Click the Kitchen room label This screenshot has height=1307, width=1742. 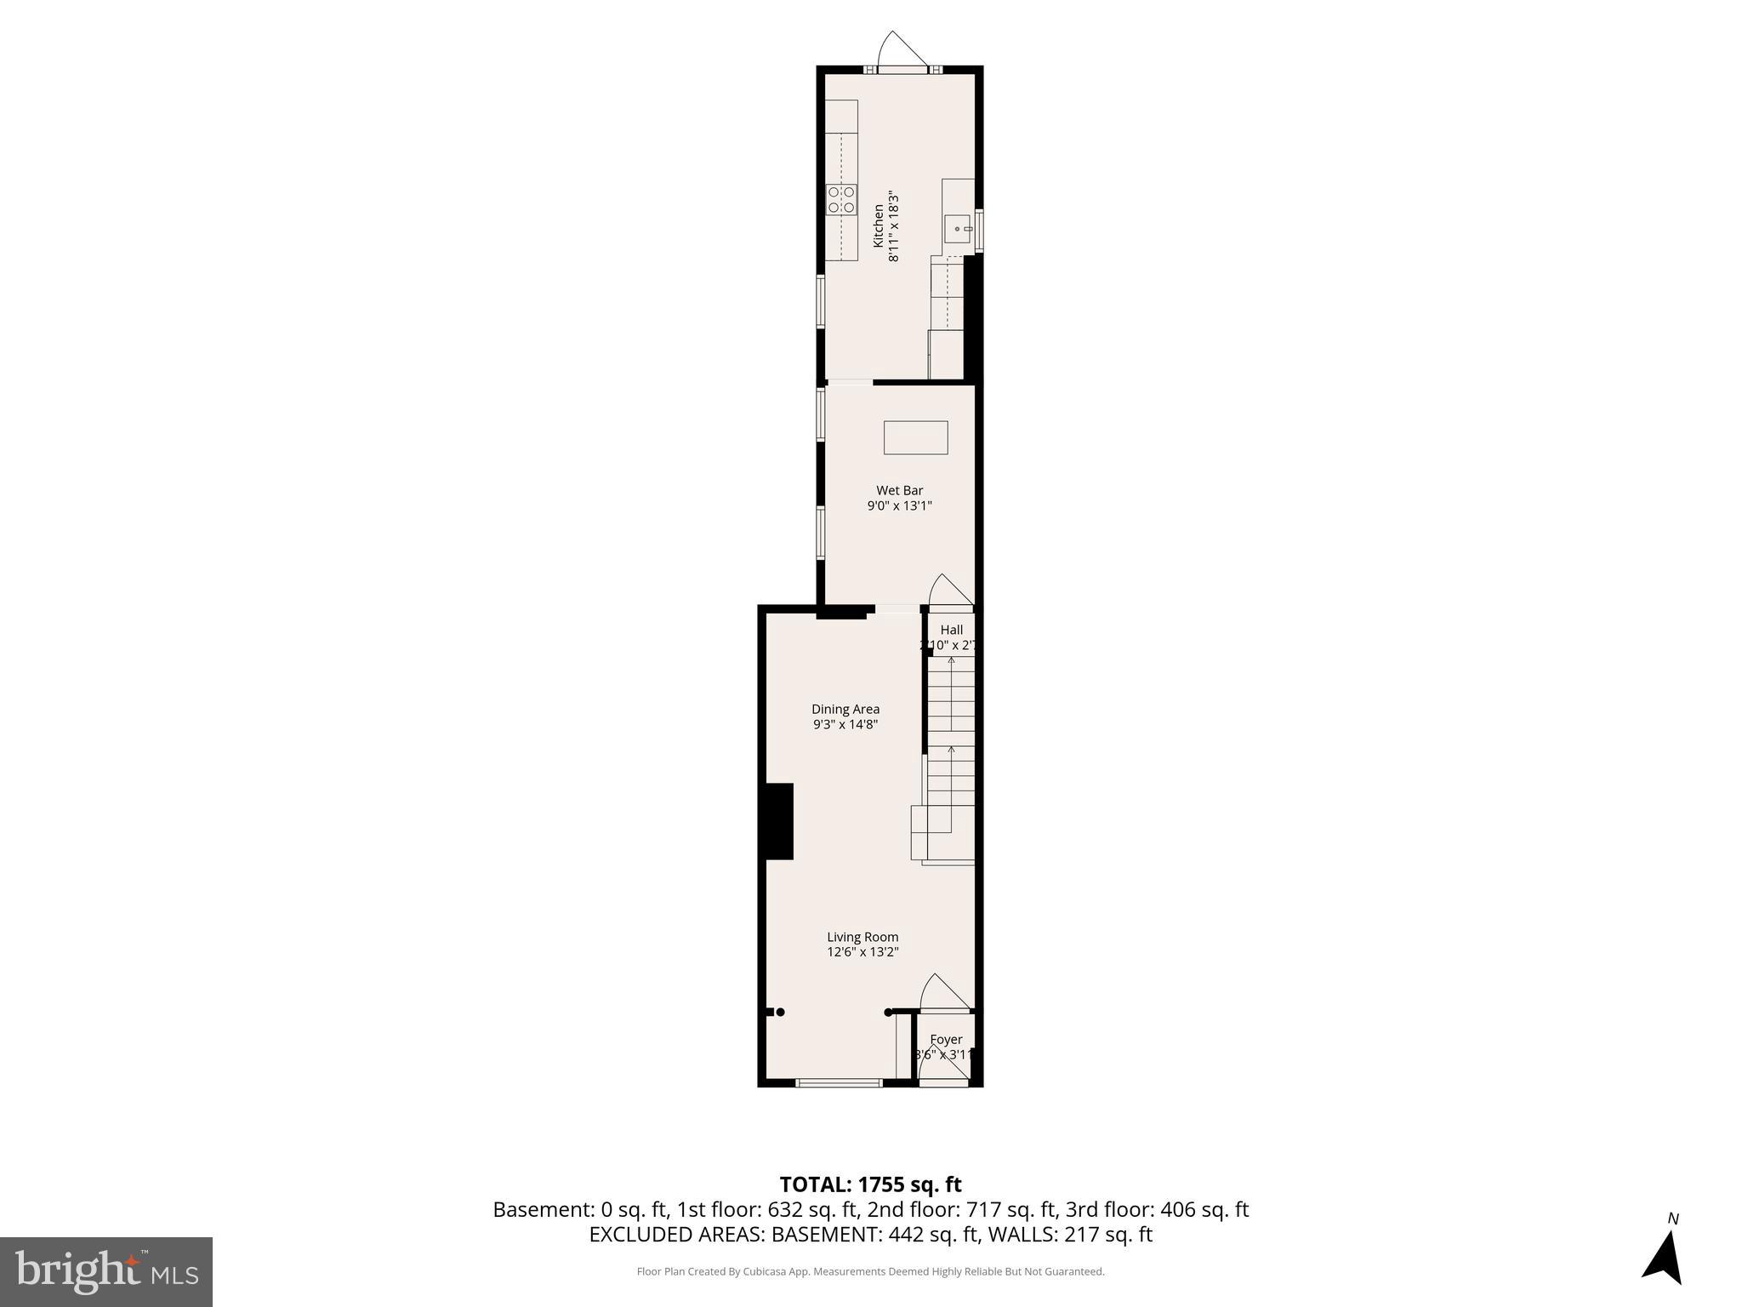pos(879,225)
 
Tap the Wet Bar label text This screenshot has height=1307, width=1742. pos(899,490)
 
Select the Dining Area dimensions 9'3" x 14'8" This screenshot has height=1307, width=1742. pos(845,725)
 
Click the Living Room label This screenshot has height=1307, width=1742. pos(862,937)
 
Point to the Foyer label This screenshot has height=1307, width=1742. pos(946,1040)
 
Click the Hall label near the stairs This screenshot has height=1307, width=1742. pos(951,630)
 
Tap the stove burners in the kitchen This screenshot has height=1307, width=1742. pos(841,200)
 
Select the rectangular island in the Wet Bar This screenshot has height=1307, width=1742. pos(915,437)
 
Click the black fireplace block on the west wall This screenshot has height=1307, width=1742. pos(779,821)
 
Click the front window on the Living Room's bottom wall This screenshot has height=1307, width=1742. pos(839,1082)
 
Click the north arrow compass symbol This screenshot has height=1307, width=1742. pos(1664,1256)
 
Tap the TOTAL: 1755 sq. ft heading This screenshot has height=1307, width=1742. pos(870,1184)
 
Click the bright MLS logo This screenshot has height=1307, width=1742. pos(105,1271)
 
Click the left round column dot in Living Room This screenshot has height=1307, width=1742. pos(779,1012)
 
